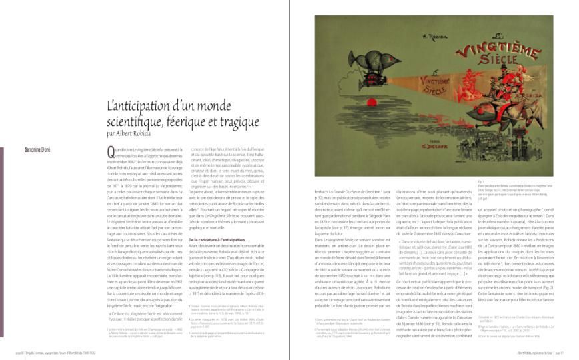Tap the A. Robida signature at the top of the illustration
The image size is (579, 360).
pos(394,39)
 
